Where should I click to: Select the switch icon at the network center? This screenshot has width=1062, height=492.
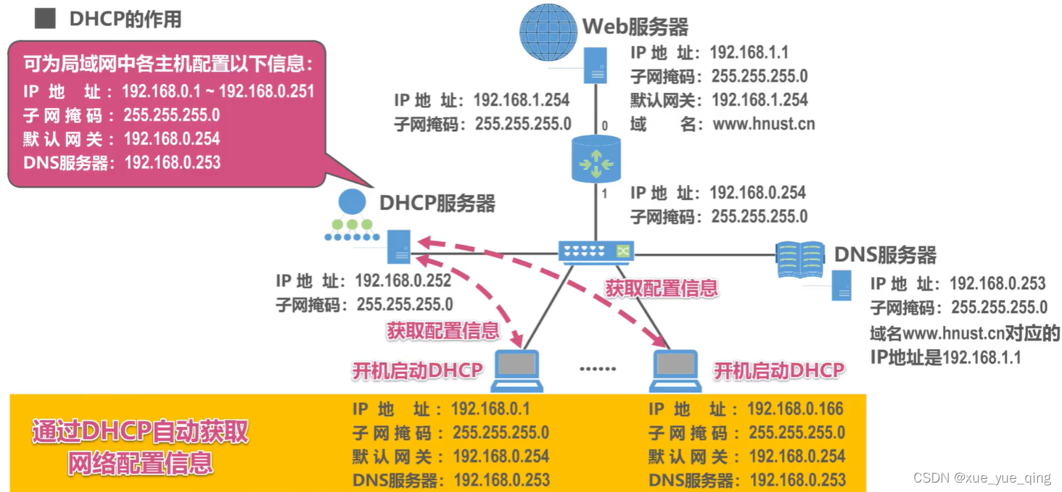click(596, 251)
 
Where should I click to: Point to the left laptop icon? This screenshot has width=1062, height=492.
click(516, 370)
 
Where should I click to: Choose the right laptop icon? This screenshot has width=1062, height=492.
click(675, 370)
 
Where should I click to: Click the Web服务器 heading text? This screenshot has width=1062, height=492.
click(635, 27)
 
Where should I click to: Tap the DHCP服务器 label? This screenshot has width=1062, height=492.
click(437, 203)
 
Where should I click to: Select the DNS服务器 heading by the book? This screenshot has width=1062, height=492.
click(885, 254)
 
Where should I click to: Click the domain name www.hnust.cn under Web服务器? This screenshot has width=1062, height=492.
click(764, 124)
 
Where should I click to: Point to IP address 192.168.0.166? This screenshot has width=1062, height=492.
click(795, 409)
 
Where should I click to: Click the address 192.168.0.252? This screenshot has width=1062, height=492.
click(403, 280)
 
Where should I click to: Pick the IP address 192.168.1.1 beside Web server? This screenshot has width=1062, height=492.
click(749, 52)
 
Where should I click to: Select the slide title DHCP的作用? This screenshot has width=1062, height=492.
click(125, 19)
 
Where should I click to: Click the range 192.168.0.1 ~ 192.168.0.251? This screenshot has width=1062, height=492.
click(218, 91)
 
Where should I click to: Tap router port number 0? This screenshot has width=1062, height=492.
click(605, 126)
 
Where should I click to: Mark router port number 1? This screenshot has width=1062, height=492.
click(604, 193)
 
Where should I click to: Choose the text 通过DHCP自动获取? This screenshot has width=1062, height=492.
click(140, 432)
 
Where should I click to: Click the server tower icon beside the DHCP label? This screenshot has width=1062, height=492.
click(398, 246)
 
